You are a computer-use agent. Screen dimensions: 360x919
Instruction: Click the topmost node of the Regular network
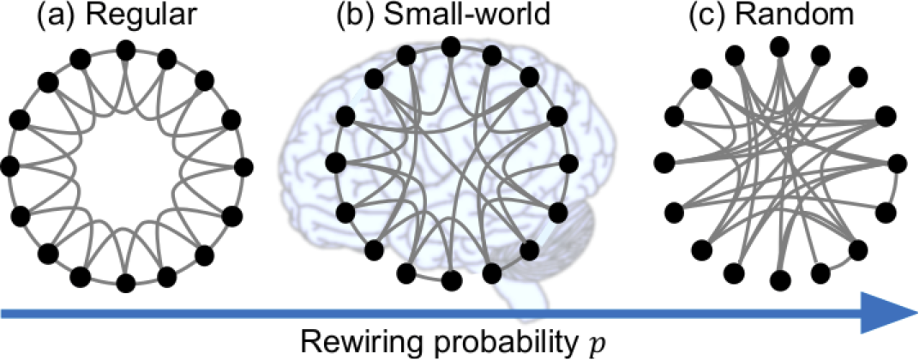tap(126, 51)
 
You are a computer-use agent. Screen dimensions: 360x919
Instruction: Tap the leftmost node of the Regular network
tap(11, 165)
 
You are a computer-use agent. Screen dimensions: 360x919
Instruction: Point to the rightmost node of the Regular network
tap(242, 165)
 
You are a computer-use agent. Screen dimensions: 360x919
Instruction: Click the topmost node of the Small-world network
tap(446, 51)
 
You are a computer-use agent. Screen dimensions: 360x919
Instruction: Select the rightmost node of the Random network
tap(897, 162)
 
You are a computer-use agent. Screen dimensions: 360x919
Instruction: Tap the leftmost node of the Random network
tap(663, 161)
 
